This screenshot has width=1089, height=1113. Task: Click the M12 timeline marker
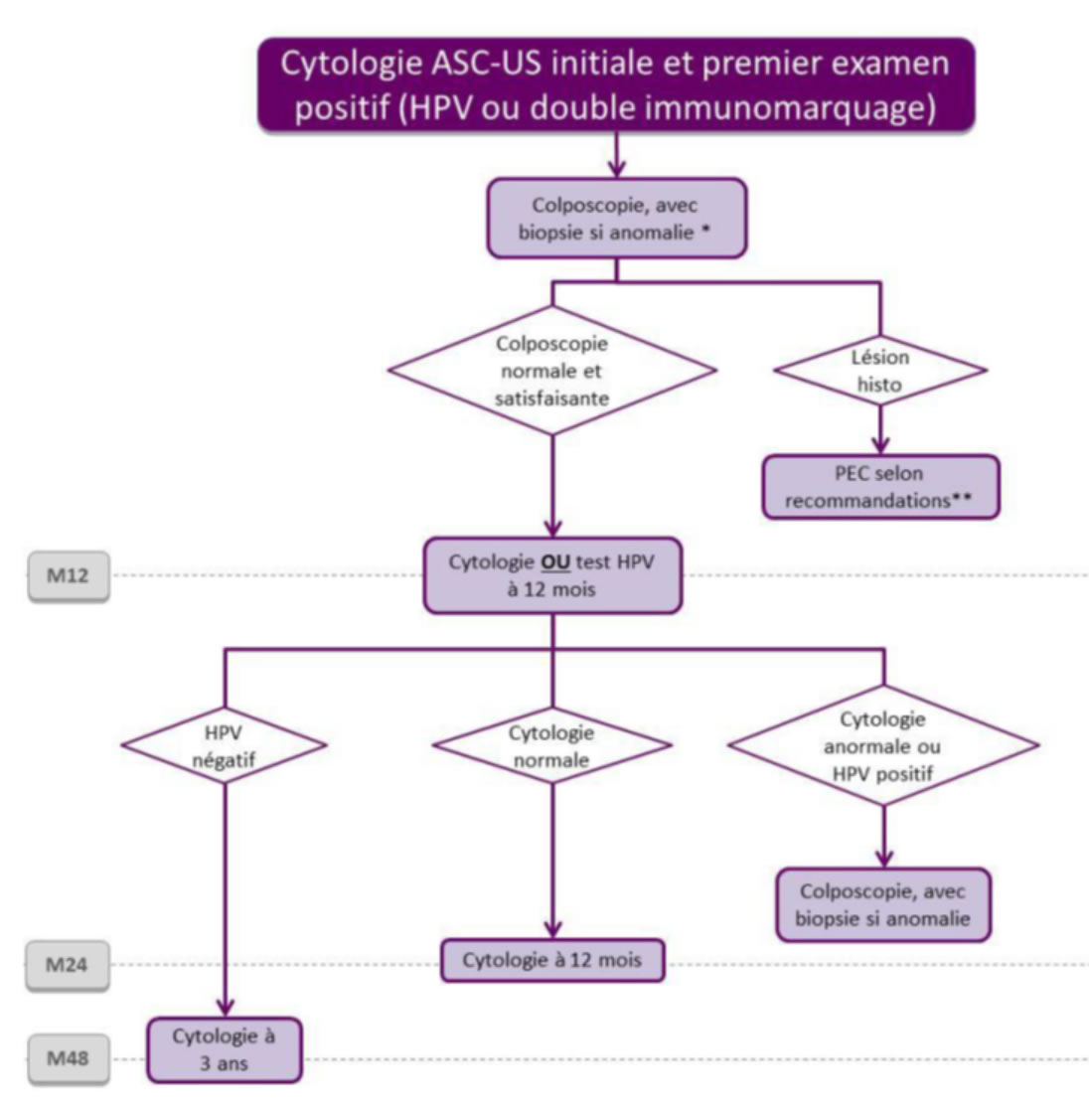68,575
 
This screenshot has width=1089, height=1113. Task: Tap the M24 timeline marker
68,964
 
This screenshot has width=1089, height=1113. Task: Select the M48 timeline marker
68,1057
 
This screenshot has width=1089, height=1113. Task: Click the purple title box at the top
615,85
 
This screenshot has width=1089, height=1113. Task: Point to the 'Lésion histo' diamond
879,371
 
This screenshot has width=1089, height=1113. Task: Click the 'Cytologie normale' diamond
551,746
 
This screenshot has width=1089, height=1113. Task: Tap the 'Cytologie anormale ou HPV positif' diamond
882,746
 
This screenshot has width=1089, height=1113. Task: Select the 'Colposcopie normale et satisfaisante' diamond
551,371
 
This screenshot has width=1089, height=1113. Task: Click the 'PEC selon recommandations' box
879,487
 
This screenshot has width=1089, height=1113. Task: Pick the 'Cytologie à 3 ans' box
224,1049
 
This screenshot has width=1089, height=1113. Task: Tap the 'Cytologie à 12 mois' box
551,961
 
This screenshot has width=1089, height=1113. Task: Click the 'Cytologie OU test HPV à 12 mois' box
551,575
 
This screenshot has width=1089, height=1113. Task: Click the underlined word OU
554,562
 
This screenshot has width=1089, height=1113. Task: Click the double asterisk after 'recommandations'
961,498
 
